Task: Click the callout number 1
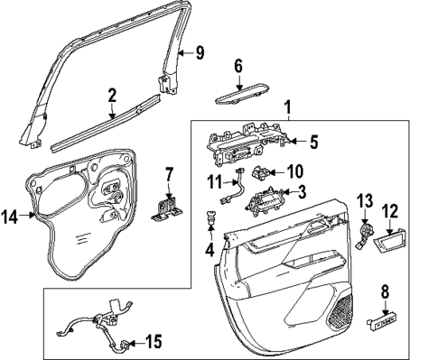tap(287, 108)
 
